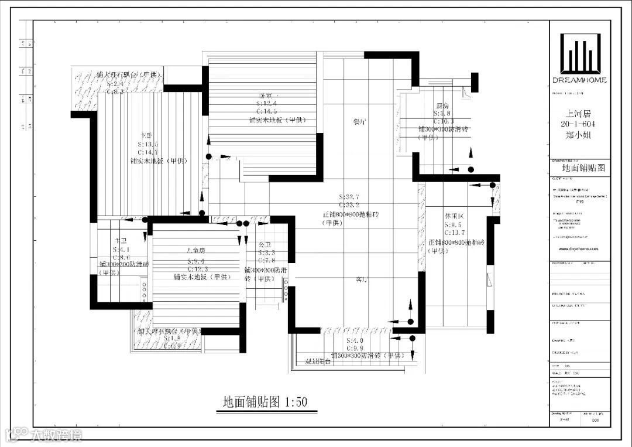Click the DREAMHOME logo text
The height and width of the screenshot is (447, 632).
coord(579,80)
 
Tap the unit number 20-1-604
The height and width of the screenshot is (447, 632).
coord(579,125)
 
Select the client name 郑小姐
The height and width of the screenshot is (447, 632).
coord(579,135)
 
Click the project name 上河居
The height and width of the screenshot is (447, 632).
coord(579,115)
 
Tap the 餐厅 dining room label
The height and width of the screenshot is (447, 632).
coord(360,122)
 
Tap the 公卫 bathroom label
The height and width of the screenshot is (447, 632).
coord(265,244)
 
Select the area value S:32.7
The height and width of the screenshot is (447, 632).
coord(349,197)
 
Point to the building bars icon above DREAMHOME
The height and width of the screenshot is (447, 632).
coord(579,52)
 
